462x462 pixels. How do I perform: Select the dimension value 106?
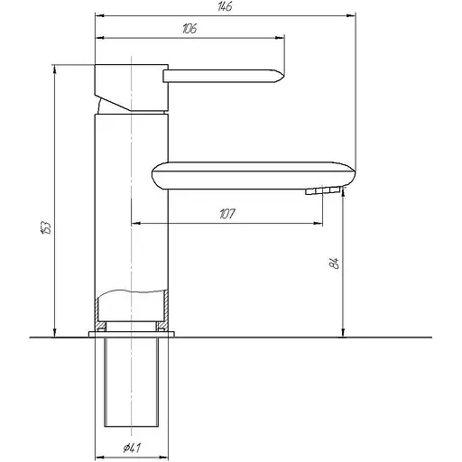coord(189,29)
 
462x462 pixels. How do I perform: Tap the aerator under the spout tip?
coord(322,191)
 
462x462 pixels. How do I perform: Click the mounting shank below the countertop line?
coord(132,383)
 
